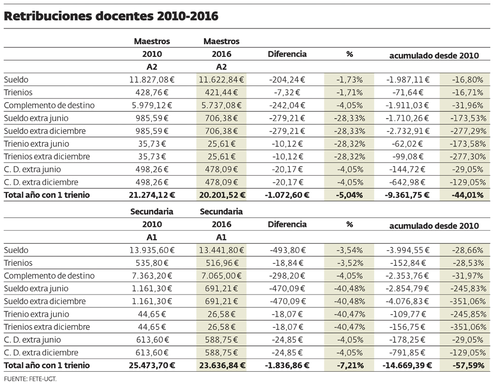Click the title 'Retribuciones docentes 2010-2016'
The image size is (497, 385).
click(111, 16)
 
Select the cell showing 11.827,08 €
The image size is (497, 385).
click(152, 80)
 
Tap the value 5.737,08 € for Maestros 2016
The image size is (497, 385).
click(221, 105)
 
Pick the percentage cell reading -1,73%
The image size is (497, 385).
click(349, 80)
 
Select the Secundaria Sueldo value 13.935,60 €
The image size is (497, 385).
click(152, 250)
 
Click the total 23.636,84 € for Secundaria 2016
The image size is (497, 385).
click(221, 365)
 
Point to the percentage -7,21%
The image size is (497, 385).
click(349, 365)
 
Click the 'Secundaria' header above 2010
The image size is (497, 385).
click(152, 211)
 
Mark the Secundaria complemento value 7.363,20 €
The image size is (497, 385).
click(154, 275)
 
